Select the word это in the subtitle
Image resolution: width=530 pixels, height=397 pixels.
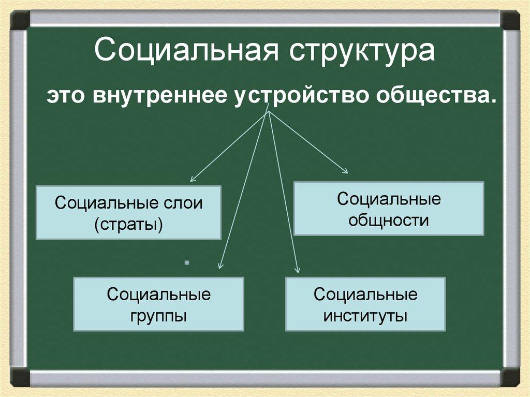(x=68, y=97)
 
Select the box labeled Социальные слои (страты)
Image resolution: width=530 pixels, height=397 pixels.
(x=128, y=213)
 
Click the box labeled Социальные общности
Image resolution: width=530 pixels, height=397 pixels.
(x=389, y=209)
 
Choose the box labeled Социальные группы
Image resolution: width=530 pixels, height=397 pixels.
(x=158, y=304)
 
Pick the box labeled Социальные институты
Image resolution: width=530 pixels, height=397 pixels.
(x=365, y=304)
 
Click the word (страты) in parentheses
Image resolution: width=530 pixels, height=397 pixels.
(x=128, y=225)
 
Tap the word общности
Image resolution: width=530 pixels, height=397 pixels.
(x=389, y=220)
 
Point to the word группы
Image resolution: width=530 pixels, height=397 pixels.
(x=158, y=316)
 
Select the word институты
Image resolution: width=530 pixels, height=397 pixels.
(x=365, y=316)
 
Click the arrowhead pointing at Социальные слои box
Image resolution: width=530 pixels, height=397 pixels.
(x=193, y=179)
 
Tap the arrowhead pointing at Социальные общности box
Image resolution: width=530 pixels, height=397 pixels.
(x=346, y=170)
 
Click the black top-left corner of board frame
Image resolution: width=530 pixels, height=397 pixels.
(x=19, y=20)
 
